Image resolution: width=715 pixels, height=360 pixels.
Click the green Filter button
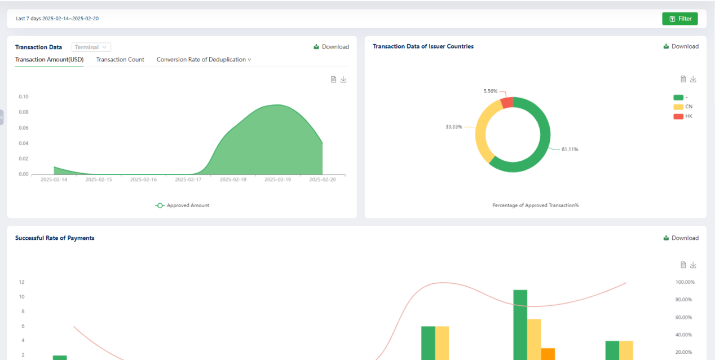click(x=680, y=19)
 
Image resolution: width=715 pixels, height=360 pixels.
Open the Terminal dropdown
click(x=91, y=47)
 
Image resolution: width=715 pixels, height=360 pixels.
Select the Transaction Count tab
click(x=120, y=60)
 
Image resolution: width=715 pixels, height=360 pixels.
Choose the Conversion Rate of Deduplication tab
click(x=204, y=60)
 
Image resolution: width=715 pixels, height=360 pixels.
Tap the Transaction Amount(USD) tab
click(x=49, y=60)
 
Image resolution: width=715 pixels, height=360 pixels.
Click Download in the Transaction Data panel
click(x=331, y=47)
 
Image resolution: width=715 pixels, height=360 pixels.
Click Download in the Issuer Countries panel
click(x=681, y=47)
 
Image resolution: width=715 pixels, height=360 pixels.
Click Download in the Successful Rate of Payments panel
click(x=681, y=238)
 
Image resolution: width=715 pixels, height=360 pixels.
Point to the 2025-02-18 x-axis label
click(x=233, y=179)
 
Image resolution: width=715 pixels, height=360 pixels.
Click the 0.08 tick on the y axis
click(x=24, y=112)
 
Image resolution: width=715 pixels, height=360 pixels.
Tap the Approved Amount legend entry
click(x=182, y=205)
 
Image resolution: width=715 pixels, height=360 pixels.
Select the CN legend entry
click(x=683, y=107)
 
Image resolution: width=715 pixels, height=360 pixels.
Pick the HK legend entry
click(x=683, y=116)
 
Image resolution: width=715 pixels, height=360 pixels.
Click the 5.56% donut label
click(x=490, y=91)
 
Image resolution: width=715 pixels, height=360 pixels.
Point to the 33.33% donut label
click(x=453, y=127)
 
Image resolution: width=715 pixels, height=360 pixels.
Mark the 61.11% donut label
click(x=570, y=150)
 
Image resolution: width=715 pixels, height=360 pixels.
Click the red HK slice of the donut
click(x=507, y=103)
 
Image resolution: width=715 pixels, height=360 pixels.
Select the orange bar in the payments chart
click(x=548, y=354)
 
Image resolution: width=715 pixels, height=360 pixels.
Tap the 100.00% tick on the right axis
click(x=685, y=282)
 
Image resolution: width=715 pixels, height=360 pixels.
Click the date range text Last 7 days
click(x=28, y=19)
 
